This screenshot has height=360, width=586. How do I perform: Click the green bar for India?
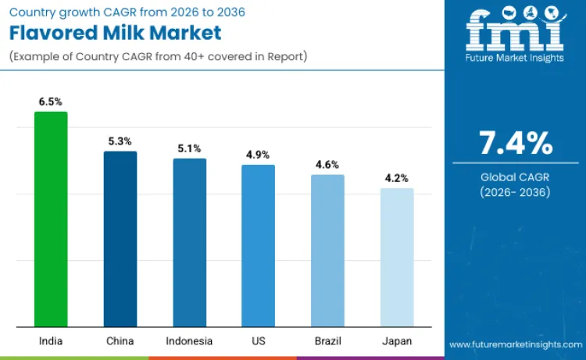(51, 219)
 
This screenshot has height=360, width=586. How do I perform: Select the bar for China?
(120, 238)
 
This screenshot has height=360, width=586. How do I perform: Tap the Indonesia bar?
(189, 242)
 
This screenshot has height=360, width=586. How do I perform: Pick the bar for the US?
(258, 245)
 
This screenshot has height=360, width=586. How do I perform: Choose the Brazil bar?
(327, 250)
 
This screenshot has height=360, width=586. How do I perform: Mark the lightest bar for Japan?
(397, 257)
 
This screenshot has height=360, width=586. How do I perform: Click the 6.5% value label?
(51, 102)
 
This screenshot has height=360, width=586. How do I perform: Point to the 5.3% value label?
(120, 141)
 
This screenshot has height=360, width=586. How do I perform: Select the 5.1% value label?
(189, 148)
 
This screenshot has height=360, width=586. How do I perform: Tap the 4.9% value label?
(258, 155)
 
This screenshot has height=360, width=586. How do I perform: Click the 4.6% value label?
(327, 165)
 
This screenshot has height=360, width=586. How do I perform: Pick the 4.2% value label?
(397, 178)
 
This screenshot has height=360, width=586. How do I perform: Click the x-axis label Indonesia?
(189, 341)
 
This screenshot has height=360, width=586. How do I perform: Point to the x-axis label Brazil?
(327, 341)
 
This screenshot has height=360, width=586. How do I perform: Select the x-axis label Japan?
(397, 341)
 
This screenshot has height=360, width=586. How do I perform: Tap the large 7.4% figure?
(516, 144)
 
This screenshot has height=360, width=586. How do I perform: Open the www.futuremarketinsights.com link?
(515, 344)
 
